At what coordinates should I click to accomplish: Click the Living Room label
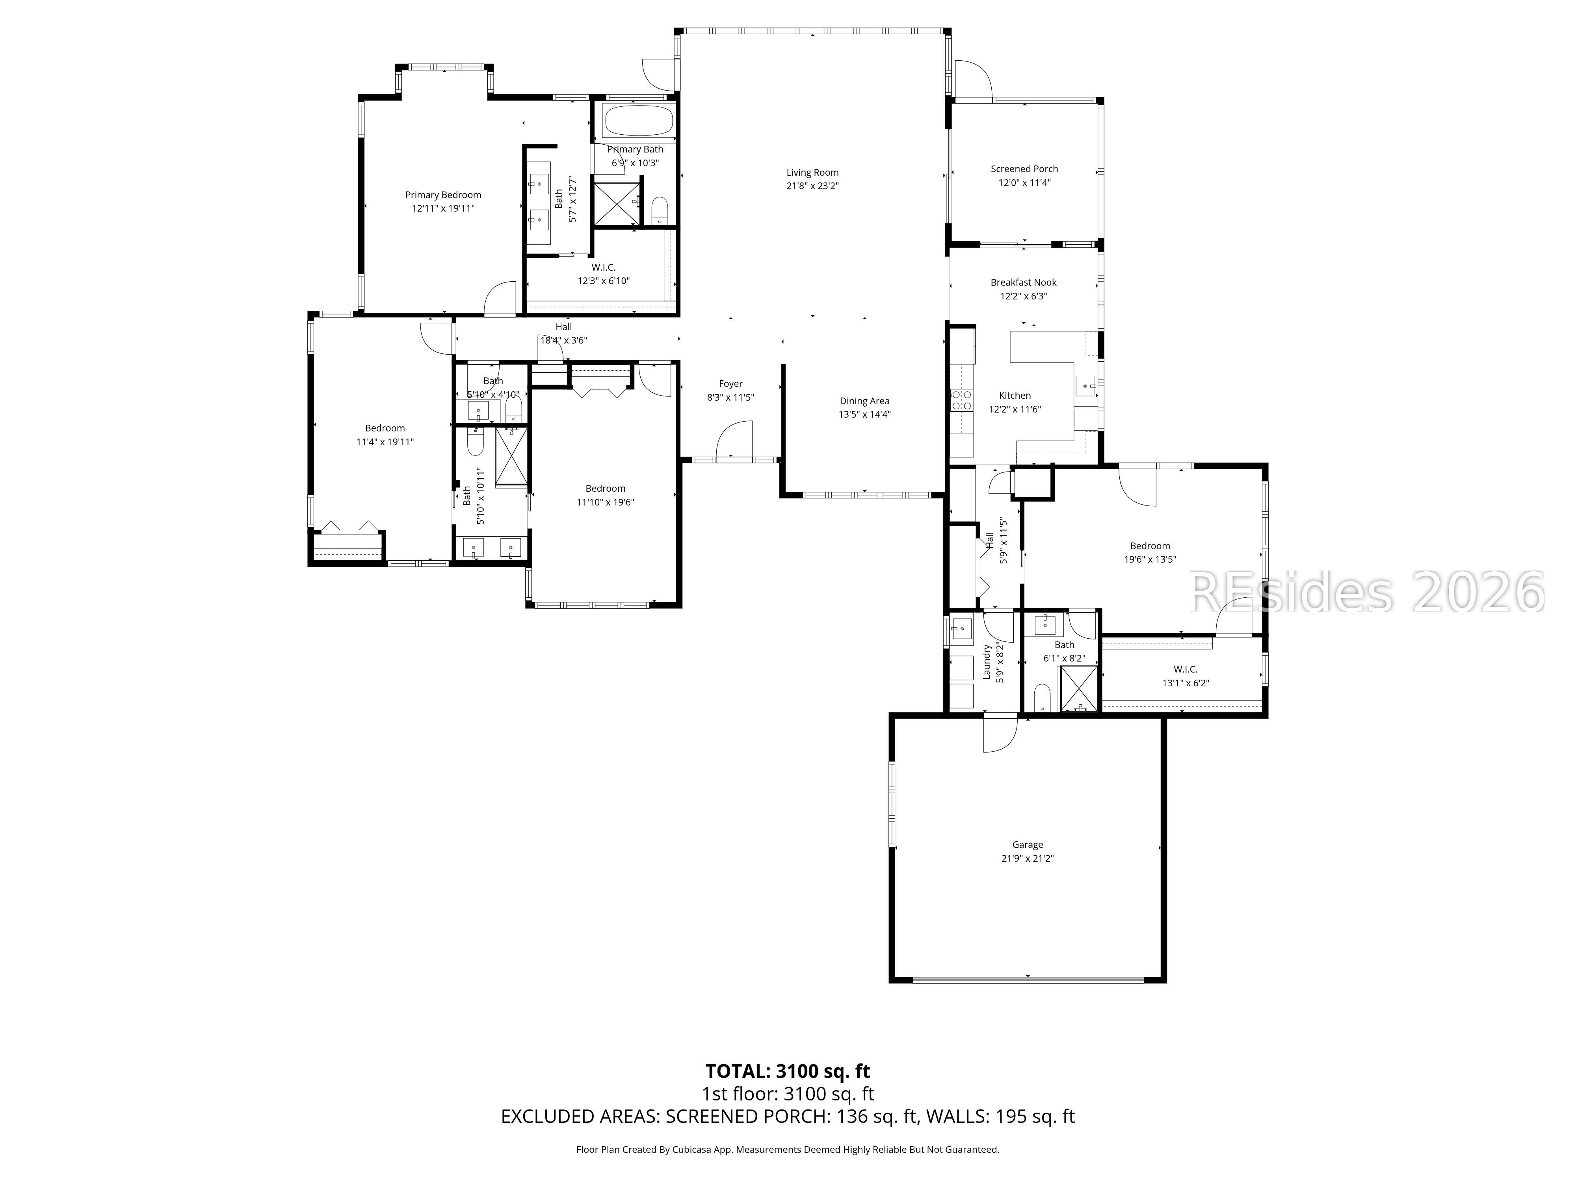pyautogui.click(x=812, y=173)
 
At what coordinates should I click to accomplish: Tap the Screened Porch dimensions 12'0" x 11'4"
pyautogui.click(x=1024, y=182)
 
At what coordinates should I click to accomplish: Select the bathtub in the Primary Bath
pyautogui.click(x=638, y=121)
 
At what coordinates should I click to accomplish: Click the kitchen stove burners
pyautogui.click(x=962, y=400)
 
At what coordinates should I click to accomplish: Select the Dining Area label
pyautogui.click(x=864, y=401)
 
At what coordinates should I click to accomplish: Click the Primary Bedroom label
pyautogui.click(x=443, y=195)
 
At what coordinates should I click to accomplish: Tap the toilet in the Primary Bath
pyautogui.click(x=660, y=210)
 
